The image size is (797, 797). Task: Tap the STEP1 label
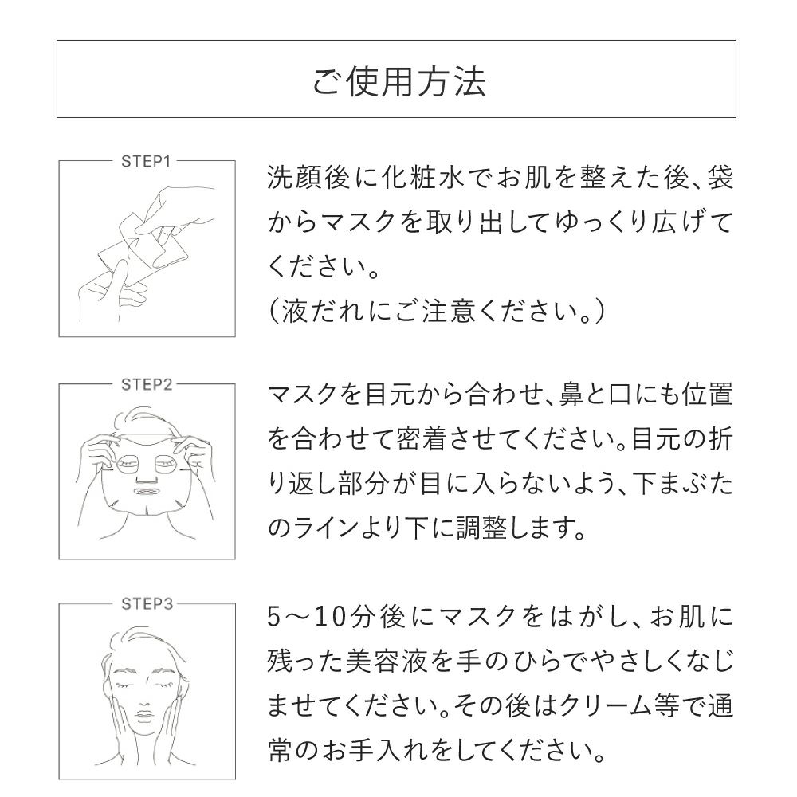pos(146,160)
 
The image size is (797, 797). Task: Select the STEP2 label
pos(146,384)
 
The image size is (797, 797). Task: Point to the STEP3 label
pos(146,603)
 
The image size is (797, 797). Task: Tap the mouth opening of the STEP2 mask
pos(147,493)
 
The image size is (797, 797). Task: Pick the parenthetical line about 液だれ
pos(438,310)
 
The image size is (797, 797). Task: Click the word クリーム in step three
pos(603,705)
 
